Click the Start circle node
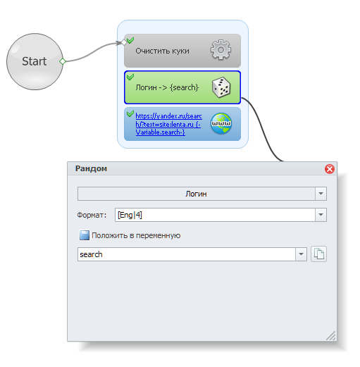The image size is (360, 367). (x=35, y=61)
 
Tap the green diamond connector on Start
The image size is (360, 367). (x=63, y=61)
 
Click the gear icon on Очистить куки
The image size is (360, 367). (x=221, y=50)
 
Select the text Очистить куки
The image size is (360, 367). (x=162, y=51)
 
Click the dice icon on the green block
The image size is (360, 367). (x=221, y=87)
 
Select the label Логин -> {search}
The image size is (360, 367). (x=167, y=87)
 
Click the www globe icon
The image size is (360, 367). (x=221, y=123)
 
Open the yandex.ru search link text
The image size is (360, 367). (x=168, y=124)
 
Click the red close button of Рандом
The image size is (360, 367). (x=330, y=169)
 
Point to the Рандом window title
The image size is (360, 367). (x=91, y=168)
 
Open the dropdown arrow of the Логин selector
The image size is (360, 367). (x=321, y=194)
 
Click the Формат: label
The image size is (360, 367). (x=92, y=215)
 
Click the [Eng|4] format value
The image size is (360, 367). (x=130, y=215)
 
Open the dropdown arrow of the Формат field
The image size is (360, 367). (x=321, y=215)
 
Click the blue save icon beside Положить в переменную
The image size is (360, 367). (x=85, y=235)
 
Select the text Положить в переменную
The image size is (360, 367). (x=136, y=235)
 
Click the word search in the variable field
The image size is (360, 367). (x=91, y=254)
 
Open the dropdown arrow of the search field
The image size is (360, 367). (x=301, y=254)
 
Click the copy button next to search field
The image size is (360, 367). (x=318, y=254)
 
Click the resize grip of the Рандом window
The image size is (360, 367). (x=331, y=336)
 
